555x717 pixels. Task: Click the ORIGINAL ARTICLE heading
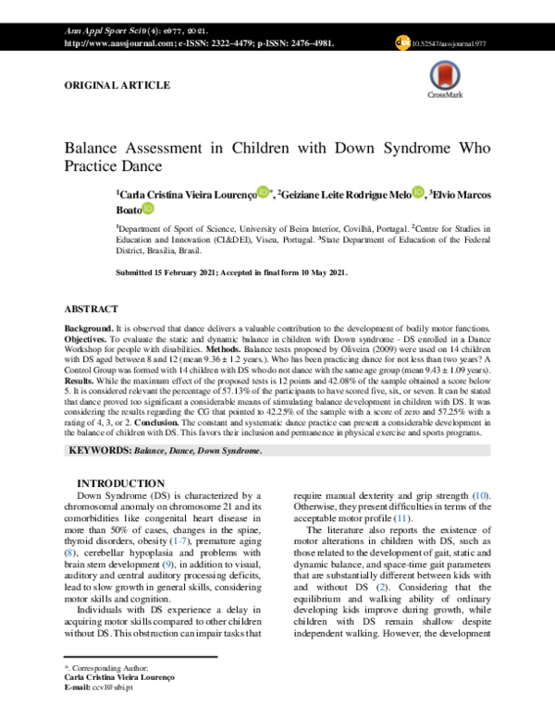[x=117, y=85]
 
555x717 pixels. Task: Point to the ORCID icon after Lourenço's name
[x=264, y=192]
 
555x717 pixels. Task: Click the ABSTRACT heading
[x=91, y=309]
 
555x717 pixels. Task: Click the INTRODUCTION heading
[x=120, y=484]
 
